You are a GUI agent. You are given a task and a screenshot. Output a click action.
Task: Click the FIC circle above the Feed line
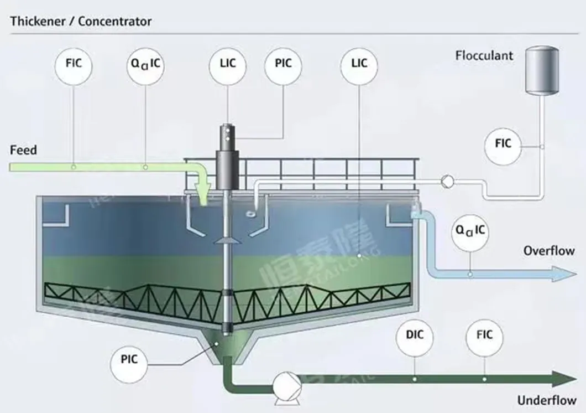coord(74,63)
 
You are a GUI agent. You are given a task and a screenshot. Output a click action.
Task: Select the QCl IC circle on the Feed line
coord(145,63)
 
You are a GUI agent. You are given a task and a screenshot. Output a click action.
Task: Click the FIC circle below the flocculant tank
coord(503,144)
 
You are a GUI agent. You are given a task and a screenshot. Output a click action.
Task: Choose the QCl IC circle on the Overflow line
coord(470,229)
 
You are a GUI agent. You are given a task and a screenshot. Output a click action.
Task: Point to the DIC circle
coord(415,336)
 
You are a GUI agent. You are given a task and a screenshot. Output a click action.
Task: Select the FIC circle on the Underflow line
coord(484,336)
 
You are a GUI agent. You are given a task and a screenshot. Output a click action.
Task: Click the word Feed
coord(24,150)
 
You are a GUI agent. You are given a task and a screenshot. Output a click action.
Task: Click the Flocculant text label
coord(484,55)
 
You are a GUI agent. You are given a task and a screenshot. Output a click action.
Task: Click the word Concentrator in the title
coord(114,22)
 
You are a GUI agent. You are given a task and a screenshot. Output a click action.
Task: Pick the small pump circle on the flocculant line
coord(447,180)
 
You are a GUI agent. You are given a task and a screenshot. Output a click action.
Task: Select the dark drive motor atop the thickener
coord(227,161)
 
